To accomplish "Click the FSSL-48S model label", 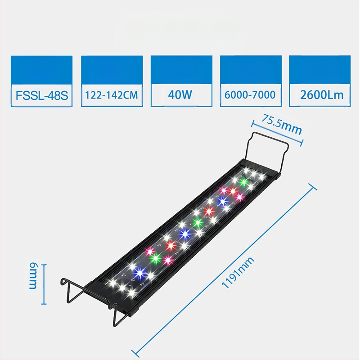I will [x=41, y=95].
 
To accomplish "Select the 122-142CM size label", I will [x=111, y=95].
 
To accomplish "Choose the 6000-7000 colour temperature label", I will [x=251, y=95].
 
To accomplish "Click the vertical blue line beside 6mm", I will [x=44, y=284].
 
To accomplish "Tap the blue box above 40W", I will [x=181, y=69].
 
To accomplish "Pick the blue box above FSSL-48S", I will [x=41, y=69].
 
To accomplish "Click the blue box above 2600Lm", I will [x=320, y=69].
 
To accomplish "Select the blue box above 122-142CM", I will [x=112, y=69].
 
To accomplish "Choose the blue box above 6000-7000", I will [x=251, y=69].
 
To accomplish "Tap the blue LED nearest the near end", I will [x=139, y=272].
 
